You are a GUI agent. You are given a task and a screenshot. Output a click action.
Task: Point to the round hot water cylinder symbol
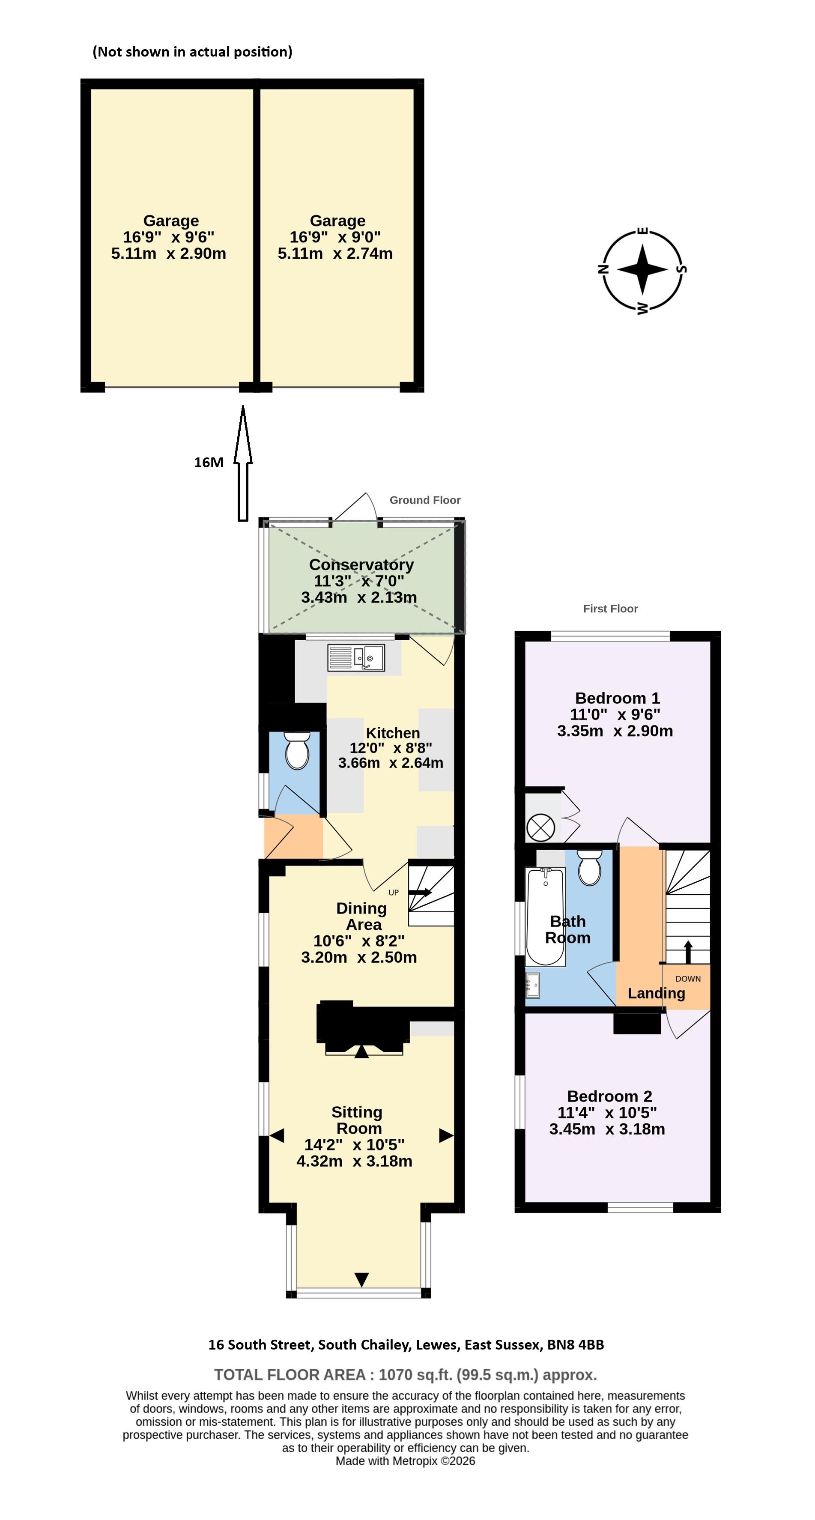pos(540,827)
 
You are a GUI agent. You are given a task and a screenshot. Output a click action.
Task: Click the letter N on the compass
pos(603,270)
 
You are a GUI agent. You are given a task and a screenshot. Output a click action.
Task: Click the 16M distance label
pos(209,463)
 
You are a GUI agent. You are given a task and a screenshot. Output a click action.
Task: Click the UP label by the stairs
pos(394,892)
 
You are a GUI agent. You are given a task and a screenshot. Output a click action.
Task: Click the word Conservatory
pos(361,564)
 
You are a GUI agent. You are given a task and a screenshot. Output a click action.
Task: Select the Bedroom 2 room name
pos(609,1096)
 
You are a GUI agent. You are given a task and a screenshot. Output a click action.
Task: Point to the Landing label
pos(656,993)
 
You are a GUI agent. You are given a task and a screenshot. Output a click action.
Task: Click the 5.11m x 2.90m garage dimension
pos(168,254)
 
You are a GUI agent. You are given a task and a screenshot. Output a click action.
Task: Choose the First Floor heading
pos(610,608)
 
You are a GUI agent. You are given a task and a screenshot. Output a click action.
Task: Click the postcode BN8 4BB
pos(576,1345)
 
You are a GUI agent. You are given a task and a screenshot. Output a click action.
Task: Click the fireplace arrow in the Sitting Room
pos(361,1051)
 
